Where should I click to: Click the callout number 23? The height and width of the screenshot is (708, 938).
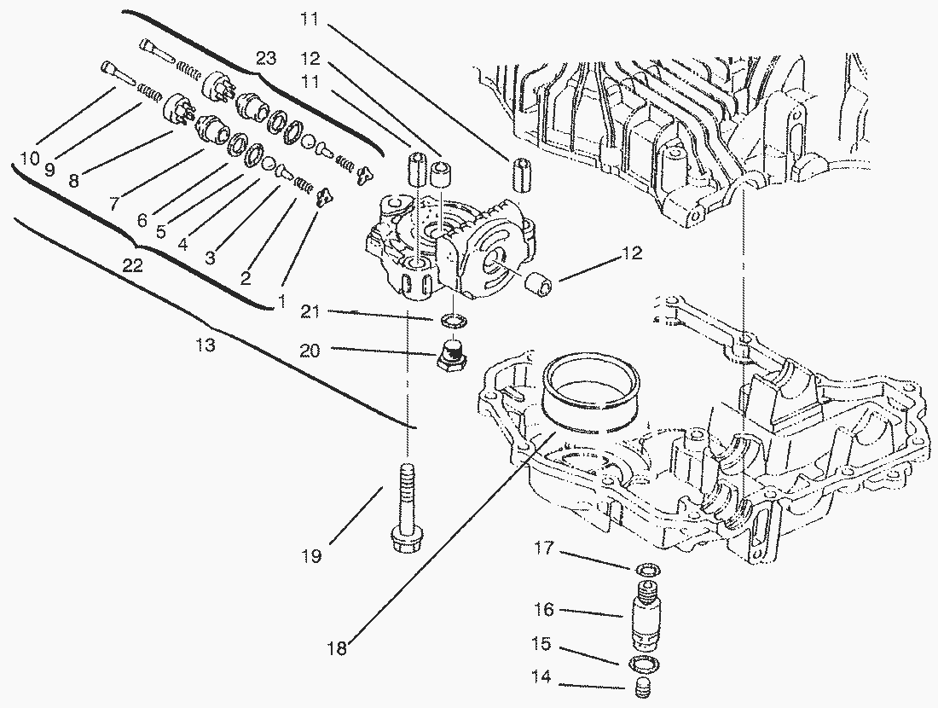[x=266, y=58]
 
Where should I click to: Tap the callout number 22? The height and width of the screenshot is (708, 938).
[x=132, y=266]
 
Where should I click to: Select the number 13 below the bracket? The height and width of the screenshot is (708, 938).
[x=205, y=345]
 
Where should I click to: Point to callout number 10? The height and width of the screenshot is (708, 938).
[x=30, y=159]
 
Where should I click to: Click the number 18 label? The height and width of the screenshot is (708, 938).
[x=338, y=648]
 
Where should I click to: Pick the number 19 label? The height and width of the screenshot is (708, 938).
[x=311, y=556]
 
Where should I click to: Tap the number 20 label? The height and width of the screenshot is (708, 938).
[x=310, y=351]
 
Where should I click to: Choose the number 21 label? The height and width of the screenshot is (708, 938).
[x=310, y=312]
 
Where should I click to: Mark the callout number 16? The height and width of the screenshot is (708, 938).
[x=544, y=610]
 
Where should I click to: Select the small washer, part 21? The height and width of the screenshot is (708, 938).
[x=454, y=322]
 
